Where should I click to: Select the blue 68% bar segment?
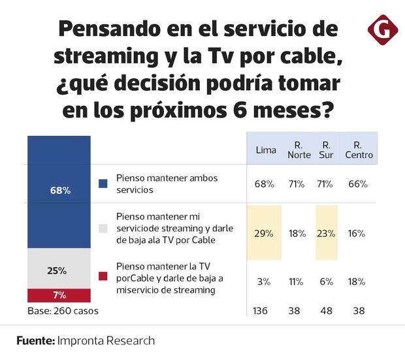[x=59, y=191]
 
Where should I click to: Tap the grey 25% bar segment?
[x=59, y=270]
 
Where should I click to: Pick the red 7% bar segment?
[x=59, y=295]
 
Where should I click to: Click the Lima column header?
[x=265, y=150]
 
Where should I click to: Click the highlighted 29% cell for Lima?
[x=264, y=233]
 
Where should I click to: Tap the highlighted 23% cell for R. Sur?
[x=326, y=233]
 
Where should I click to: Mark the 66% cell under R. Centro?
[x=357, y=184]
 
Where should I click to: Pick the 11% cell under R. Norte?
[x=296, y=282]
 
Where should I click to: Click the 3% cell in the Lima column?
[x=264, y=282]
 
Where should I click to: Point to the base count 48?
[x=326, y=311]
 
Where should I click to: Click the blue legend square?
[x=103, y=184]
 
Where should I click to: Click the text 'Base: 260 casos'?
[x=63, y=311]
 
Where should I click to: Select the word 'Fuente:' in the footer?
[x=35, y=340]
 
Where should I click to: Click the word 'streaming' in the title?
[x=101, y=56]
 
